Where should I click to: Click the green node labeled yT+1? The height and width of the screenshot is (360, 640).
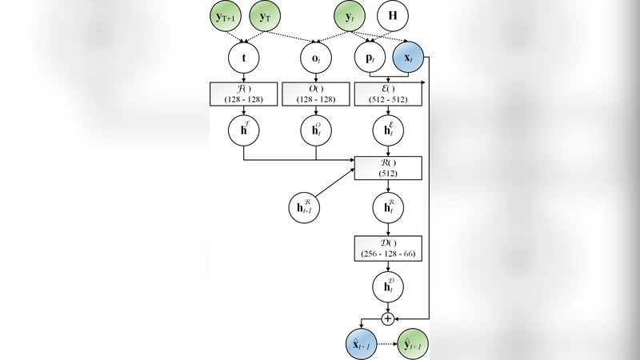tap(226, 15)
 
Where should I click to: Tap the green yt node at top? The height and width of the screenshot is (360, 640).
tap(349, 15)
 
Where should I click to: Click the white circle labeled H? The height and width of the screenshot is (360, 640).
tap(391, 15)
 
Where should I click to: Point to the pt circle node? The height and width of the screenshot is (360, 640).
tap(369, 58)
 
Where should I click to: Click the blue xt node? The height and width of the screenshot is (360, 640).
tap(408, 58)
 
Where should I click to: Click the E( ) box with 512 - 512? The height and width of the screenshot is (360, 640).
tap(388, 93)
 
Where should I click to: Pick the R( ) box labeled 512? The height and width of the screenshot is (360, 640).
tap(388, 167)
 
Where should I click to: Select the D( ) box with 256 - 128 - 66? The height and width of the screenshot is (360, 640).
tap(388, 246)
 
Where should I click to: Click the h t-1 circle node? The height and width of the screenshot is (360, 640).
tap(303, 207)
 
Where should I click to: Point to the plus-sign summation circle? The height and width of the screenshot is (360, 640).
tap(388, 318)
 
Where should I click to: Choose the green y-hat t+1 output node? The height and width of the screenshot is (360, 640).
tap(412, 344)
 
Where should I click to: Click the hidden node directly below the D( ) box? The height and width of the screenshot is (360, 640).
tap(388, 285)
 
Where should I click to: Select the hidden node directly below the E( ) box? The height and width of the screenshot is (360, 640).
tap(388, 130)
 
